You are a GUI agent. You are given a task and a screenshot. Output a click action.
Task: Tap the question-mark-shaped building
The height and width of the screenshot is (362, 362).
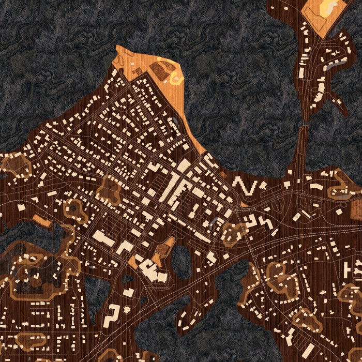(113, 314)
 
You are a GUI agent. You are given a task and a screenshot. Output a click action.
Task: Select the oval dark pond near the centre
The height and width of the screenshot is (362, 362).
(182, 261)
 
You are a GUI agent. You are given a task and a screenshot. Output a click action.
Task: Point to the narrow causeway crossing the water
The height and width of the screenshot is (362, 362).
(299, 150)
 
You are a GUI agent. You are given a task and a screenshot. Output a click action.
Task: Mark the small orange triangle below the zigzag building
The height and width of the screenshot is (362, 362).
(244, 205)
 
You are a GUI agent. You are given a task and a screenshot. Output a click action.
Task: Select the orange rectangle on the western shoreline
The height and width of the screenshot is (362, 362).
(43, 222)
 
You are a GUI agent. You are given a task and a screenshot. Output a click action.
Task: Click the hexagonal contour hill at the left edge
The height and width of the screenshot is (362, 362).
(14, 164)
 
